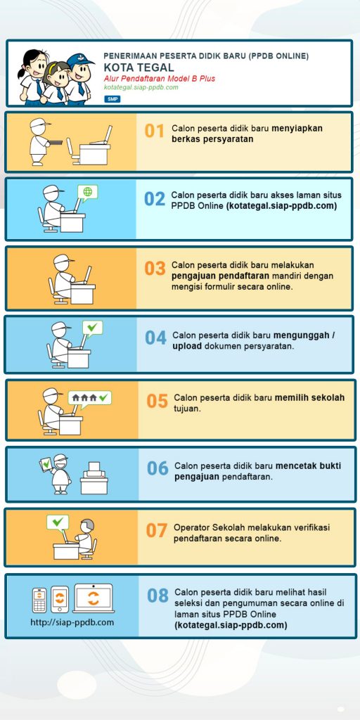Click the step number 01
point(154,131)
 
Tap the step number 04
point(155,338)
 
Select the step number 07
point(157,530)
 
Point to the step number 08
point(158,596)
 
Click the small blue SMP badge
point(112,98)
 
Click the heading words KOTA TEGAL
point(139,68)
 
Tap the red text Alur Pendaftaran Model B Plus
point(160,79)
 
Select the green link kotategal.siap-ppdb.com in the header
point(141,87)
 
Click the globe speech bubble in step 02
point(86,193)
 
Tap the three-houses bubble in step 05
point(89,398)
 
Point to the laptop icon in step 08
point(94,598)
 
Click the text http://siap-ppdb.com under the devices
point(72,623)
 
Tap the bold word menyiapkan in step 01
point(297,129)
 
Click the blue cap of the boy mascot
point(79,60)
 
